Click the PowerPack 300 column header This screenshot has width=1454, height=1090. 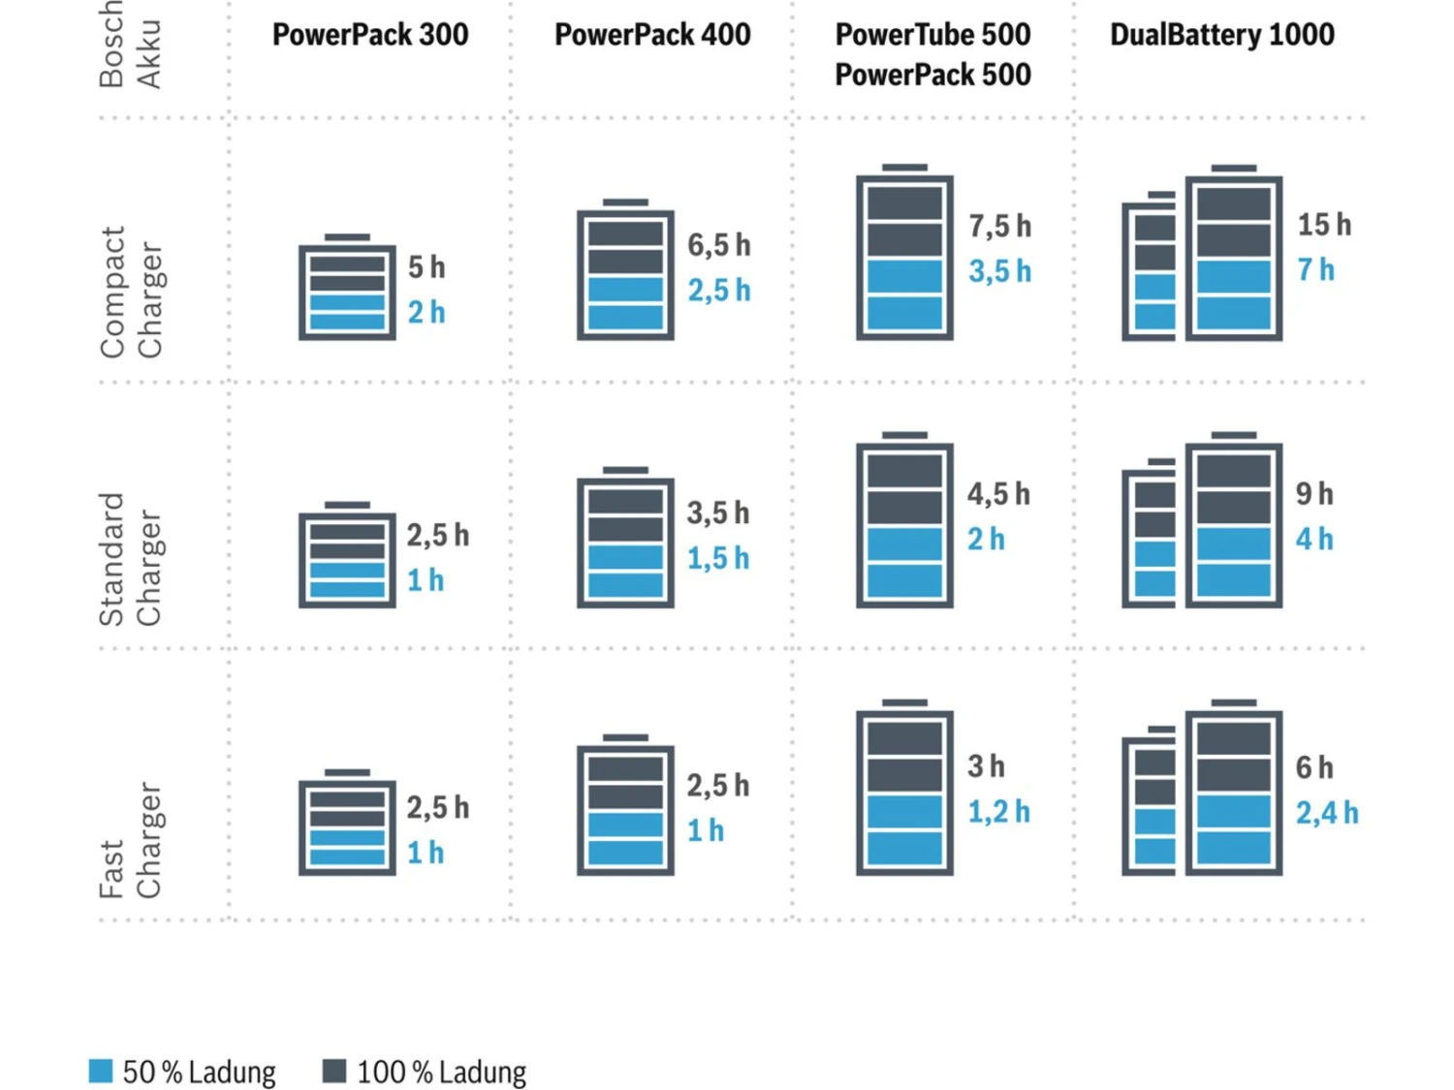(369, 35)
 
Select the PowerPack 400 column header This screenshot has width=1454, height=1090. (652, 35)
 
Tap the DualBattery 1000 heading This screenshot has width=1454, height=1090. (1221, 35)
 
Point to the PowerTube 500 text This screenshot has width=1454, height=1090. (932, 35)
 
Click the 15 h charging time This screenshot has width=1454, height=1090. (1324, 225)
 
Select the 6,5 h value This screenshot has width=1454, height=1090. (718, 245)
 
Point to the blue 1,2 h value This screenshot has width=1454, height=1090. (998, 812)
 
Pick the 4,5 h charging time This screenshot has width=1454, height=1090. (998, 494)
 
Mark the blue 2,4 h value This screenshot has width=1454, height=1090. (1327, 813)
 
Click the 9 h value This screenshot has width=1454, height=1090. (1314, 494)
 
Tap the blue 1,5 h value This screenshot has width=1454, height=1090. (718, 558)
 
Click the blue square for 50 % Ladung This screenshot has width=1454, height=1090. (101, 1071)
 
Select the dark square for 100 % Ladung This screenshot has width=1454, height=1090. (334, 1071)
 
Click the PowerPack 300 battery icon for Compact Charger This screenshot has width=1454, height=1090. (347, 289)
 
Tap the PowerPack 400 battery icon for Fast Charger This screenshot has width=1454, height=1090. (625, 806)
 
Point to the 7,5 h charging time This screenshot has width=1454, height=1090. (999, 227)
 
